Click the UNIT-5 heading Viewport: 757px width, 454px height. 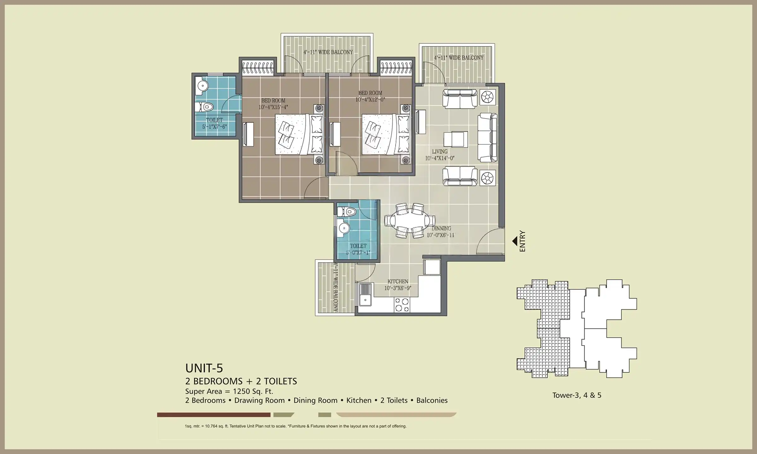pos(204,368)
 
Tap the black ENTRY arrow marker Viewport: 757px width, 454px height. pos(515,241)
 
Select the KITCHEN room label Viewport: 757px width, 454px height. pos(398,281)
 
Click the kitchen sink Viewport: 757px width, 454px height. pos(366,294)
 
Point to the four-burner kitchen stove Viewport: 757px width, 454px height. pos(402,305)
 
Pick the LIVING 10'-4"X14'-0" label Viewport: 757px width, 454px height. pos(440,155)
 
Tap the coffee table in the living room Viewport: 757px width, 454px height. pos(455,139)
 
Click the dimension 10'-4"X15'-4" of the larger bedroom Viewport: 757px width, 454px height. pos(273,107)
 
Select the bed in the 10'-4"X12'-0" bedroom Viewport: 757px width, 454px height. pos(385,135)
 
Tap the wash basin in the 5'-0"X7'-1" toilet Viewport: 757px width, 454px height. pos(343,228)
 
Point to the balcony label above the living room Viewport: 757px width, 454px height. pos(459,58)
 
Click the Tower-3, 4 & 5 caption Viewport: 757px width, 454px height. pos(577,395)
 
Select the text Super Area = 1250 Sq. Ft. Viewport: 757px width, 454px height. pos(229,391)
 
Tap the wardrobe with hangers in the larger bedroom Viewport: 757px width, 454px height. pos(258,68)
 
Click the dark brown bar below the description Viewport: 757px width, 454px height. pos(214,415)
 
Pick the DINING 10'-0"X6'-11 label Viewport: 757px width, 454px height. pos(441,232)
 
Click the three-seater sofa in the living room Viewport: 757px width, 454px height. pos(487,138)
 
